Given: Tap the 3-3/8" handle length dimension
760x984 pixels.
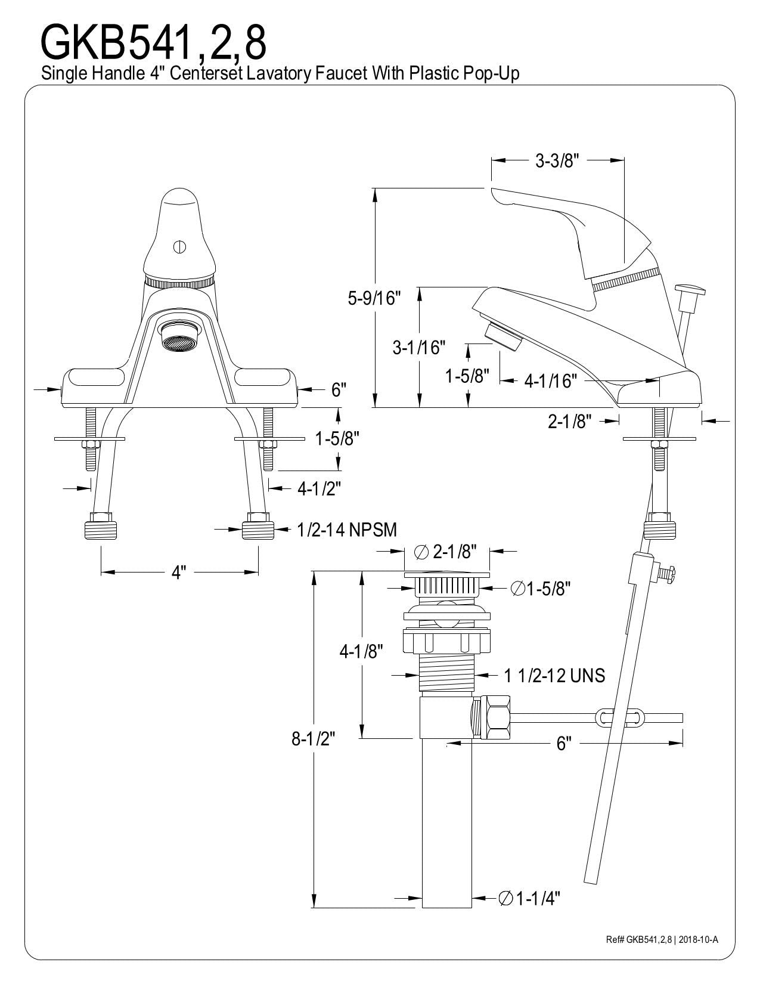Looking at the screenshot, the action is (557, 161).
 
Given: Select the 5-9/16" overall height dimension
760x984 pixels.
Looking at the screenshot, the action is (374, 298).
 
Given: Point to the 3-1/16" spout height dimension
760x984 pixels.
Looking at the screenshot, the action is (418, 347).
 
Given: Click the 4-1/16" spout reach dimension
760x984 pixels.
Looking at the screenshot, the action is (551, 381).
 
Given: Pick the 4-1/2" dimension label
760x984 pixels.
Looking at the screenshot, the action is (319, 488).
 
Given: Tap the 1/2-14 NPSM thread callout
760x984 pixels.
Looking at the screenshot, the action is (347, 530).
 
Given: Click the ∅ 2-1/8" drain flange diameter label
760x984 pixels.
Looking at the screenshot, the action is (446, 552).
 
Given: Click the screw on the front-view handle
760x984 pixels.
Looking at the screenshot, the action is (179, 247).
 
